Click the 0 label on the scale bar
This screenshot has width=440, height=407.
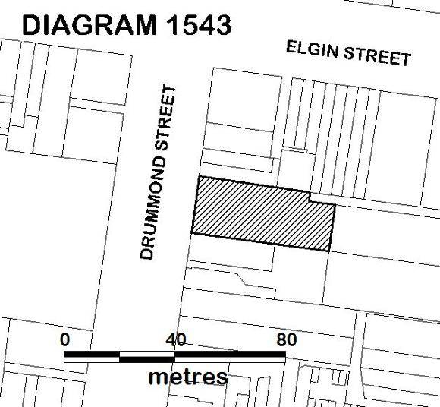(x=65, y=339)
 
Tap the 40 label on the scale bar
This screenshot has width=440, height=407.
(x=175, y=339)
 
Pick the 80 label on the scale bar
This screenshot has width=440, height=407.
(x=286, y=339)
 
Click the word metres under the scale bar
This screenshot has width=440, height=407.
(x=187, y=375)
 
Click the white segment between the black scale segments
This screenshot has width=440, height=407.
(x=147, y=355)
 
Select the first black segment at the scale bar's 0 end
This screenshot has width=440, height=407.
(x=92, y=355)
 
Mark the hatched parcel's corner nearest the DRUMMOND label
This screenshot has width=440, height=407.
(x=191, y=233)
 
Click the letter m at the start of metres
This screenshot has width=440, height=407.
(x=159, y=376)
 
